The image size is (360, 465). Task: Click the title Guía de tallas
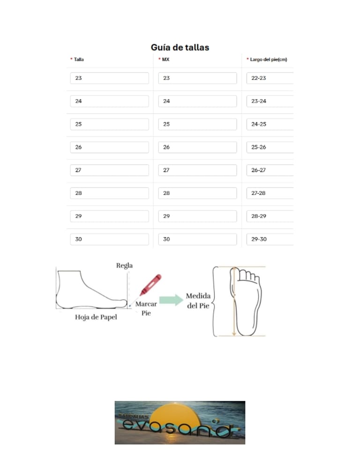180,47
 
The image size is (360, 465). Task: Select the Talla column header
79,60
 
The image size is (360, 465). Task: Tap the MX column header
165,60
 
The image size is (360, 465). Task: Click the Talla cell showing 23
109,78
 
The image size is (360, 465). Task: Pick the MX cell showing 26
197,147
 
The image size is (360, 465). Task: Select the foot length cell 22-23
270,78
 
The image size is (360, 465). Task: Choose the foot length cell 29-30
270,239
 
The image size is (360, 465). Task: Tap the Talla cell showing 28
109,193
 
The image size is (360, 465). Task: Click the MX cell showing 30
197,239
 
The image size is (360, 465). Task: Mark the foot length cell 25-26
270,147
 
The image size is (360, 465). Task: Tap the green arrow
171,300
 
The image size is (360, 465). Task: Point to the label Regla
124,266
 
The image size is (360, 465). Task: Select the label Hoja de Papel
96,317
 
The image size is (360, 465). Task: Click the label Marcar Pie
146,308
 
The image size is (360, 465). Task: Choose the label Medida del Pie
198,301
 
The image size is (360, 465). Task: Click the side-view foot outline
89,290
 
